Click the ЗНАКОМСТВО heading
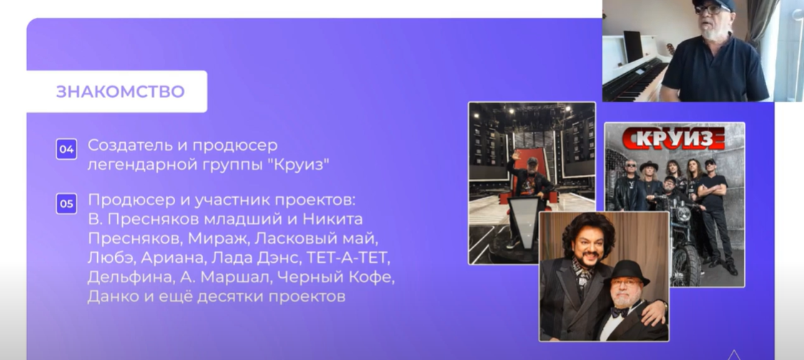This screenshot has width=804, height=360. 120,92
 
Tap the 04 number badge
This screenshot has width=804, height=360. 66,149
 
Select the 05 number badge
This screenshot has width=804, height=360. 66,204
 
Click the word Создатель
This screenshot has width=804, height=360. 129,145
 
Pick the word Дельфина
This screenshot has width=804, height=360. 131,277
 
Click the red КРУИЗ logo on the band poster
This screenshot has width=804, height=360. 673,138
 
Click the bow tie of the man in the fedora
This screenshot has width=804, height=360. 619,312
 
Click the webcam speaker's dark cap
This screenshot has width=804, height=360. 714,4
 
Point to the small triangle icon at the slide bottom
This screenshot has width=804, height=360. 734,355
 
